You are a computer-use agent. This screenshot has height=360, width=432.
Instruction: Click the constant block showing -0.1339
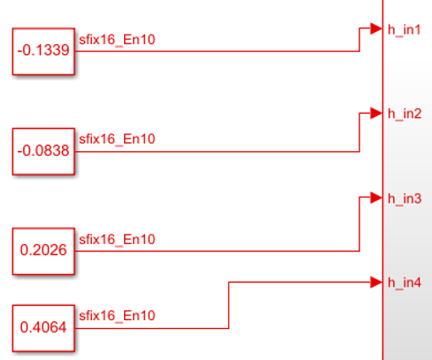(x=43, y=51)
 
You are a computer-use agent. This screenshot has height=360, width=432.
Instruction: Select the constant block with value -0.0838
(x=43, y=151)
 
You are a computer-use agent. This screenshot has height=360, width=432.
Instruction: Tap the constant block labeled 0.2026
(x=43, y=251)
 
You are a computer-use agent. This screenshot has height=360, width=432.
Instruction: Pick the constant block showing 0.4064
(x=43, y=328)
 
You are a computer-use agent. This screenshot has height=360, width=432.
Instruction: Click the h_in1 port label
(x=405, y=30)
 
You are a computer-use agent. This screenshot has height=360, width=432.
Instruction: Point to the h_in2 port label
(x=405, y=114)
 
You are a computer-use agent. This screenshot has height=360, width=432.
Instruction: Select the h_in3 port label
(x=405, y=199)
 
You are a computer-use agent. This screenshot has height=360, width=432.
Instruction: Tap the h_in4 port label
(x=405, y=283)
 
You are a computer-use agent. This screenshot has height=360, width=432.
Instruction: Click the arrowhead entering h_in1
(x=376, y=28)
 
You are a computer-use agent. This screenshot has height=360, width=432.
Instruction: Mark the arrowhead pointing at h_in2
(x=376, y=113)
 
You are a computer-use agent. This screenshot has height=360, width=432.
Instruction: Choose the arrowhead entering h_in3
(x=376, y=197)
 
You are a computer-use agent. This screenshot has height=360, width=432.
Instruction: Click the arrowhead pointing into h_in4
(x=376, y=282)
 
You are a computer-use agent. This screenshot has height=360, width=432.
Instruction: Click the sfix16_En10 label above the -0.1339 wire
(x=117, y=40)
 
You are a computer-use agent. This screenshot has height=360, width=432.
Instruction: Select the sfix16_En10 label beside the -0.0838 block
(x=117, y=139)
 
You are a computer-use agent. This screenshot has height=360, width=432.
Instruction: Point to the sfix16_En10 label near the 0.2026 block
(x=117, y=240)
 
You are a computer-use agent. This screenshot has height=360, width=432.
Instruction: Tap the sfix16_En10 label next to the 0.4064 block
(x=117, y=316)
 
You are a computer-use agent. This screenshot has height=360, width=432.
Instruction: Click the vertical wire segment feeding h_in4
(x=228, y=305)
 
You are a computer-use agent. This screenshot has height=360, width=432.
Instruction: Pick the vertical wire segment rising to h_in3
(x=359, y=225)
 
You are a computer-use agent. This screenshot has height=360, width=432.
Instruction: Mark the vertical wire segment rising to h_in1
(x=359, y=40)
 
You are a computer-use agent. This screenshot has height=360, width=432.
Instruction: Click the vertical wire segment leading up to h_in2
(x=359, y=133)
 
